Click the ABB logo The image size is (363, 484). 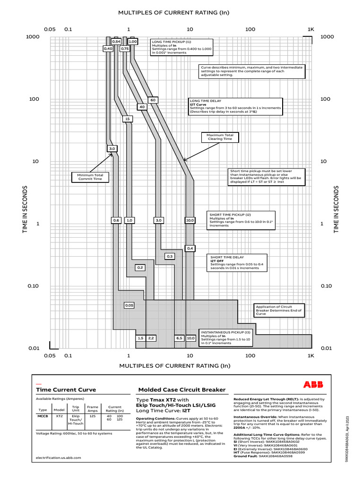313,384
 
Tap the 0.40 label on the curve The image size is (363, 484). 108,49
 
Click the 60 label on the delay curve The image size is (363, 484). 153,100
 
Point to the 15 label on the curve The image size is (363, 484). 127,119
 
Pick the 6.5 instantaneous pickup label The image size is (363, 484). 179,338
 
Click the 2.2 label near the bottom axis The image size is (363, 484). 151,338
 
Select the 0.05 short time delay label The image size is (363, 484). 129,305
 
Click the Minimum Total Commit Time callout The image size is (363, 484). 90,177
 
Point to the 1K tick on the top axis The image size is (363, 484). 311,29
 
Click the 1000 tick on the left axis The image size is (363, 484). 32,37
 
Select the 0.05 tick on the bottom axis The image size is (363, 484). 50,355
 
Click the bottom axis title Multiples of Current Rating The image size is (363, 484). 174,366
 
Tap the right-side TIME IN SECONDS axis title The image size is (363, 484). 337,209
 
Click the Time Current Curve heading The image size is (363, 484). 66,390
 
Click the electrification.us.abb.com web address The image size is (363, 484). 59,458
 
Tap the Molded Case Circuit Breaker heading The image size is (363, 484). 181,390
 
